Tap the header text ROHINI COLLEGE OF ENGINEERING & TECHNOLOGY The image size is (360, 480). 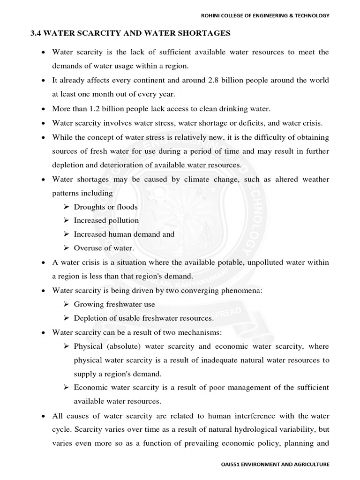[265, 15]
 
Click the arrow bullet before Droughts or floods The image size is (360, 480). [66, 207]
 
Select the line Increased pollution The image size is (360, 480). [106, 220]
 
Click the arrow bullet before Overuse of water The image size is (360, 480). [66, 248]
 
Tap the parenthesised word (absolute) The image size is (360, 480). [123, 346]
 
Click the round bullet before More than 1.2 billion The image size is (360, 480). [43, 109]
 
